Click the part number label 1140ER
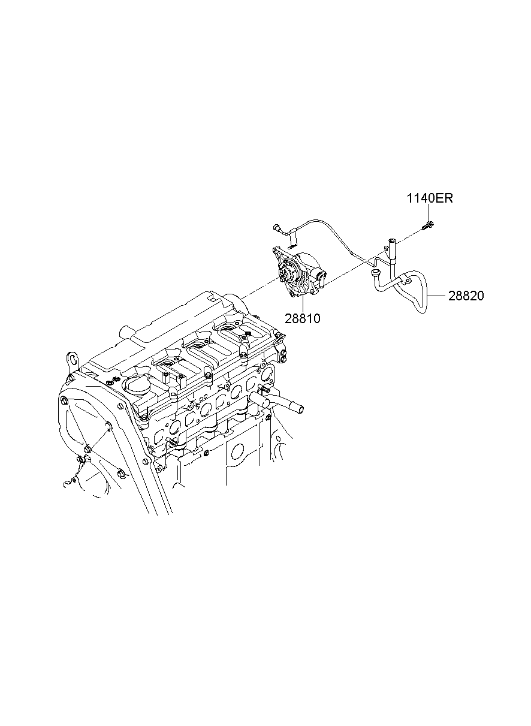[x=429, y=198]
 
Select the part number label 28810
[x=303, y=318]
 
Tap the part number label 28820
[x=466, y=296]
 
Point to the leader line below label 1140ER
[x=429, y=213]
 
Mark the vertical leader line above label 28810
[x=303, y=304]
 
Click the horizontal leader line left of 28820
[x=438, y=296]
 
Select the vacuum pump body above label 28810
[x=299, y=273]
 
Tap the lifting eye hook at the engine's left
[x=74, y=360]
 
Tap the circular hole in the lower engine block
[x=237, y=450]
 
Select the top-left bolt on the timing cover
[x=64, y=400]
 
